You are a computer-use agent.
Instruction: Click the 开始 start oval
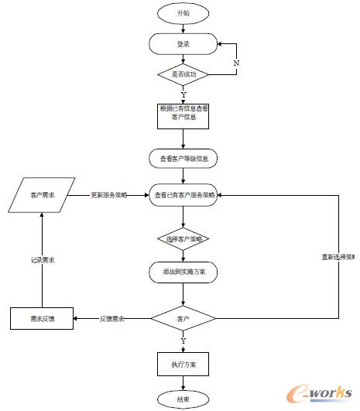[183, 13]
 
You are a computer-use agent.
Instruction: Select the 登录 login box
[183, 44]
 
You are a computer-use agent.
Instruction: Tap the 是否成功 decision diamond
[183, 75]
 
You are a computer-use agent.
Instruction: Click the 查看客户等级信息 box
[183, 158]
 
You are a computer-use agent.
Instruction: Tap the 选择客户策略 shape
[183, 239]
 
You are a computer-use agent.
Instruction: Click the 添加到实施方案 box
[183, 272]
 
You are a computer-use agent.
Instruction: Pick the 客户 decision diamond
[183, 318]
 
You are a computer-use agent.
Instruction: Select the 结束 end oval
[183, 399]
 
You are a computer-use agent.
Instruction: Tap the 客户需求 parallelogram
[44, 195]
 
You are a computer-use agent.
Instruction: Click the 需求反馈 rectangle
[43, 318]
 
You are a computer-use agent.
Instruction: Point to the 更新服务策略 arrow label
[109, 194]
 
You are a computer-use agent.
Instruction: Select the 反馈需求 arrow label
[113, 318]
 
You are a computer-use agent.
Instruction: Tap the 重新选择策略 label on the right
[338, 256]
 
